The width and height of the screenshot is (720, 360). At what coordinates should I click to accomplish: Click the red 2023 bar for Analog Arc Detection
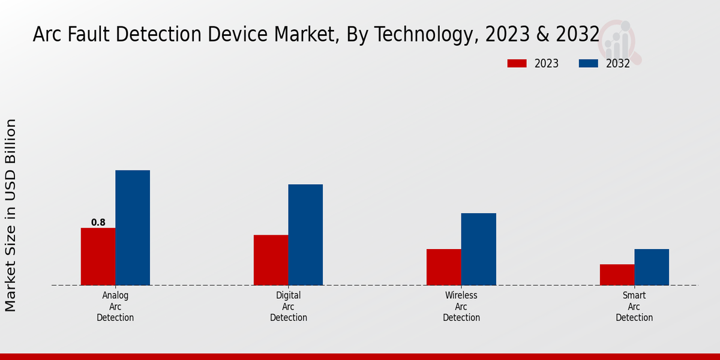[98, 256]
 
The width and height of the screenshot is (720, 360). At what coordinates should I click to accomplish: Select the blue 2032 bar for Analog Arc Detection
[133, 227]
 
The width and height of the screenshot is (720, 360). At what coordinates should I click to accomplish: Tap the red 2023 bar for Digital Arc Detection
[271, 260]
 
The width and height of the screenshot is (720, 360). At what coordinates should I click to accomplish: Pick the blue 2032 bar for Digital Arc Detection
[305, 235]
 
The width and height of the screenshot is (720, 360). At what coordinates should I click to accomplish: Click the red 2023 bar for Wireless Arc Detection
[444, 267]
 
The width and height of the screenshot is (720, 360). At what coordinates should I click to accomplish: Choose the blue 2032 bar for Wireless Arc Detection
[479, 249]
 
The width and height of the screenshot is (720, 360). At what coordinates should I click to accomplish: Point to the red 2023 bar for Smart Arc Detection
[617, 274]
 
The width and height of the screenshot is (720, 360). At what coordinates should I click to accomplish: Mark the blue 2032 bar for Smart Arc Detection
[652, 267]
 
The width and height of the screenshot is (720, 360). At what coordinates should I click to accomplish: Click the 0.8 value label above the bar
[98, 223]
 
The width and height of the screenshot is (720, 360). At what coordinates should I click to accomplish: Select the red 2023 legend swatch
[517, 64]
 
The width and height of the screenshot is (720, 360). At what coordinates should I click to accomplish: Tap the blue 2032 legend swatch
[588, 64]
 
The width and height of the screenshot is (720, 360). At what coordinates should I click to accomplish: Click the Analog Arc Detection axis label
[115, 307]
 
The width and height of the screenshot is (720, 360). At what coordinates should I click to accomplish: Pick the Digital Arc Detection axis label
[289, 307]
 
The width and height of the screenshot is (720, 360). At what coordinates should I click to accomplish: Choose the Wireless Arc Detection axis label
[461, 307]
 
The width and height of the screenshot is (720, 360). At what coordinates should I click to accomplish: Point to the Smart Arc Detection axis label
[634, 307]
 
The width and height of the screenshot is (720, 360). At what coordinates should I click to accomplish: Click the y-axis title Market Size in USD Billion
[11, 215]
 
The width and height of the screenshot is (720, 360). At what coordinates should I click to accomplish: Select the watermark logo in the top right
[620, 41]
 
